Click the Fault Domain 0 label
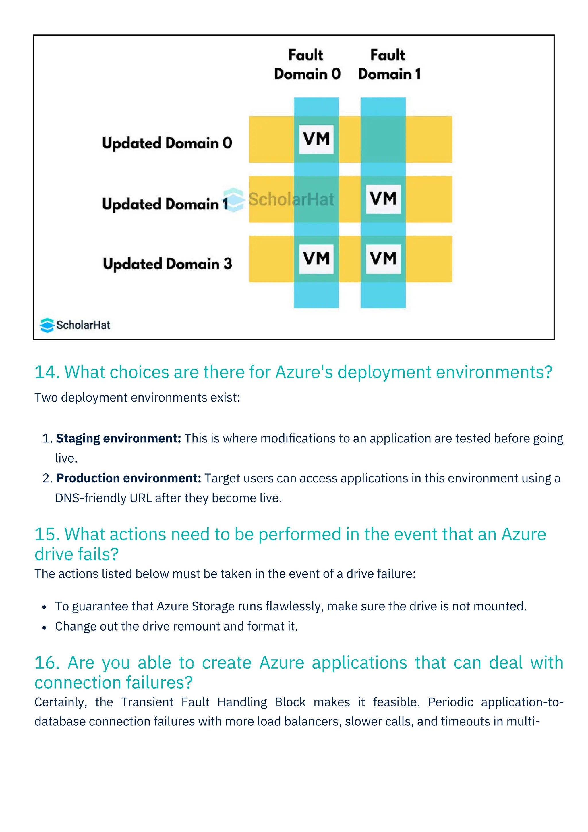tap(307, 65)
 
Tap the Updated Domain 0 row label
tap(167, 143)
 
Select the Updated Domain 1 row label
tap(165, 204)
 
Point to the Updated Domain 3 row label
tap(167, 264)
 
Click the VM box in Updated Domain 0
tap(316, 139)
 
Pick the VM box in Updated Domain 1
tap(383, 199)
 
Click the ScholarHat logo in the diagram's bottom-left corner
tap(75, 325)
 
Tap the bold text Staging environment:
tap(118, 438)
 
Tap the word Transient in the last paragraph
tap(147, 702)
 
